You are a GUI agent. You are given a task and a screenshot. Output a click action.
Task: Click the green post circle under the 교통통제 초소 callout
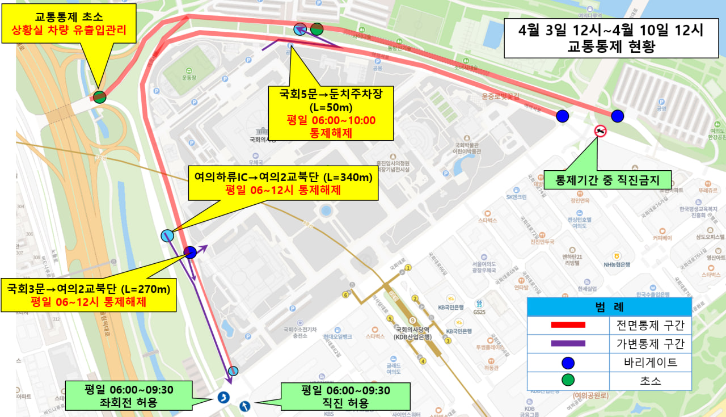pos(99,97)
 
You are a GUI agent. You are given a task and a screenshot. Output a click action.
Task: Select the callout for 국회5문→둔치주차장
pos(331,113)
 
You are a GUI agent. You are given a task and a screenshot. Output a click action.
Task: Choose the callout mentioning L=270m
pos(88,295)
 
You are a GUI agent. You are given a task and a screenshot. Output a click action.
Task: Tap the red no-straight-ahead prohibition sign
pos(600,132)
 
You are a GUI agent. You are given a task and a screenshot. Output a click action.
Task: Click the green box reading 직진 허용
pos(345,396)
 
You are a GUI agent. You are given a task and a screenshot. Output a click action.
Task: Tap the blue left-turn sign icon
pos(223,397)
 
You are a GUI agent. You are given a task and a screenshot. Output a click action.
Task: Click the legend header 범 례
pos(609,307)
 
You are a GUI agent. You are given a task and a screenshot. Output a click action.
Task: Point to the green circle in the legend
pos(567,380)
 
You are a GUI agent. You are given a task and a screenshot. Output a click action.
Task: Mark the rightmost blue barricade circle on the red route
pos(618,116)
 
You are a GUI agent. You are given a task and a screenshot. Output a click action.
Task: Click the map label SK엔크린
pos(516,197)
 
